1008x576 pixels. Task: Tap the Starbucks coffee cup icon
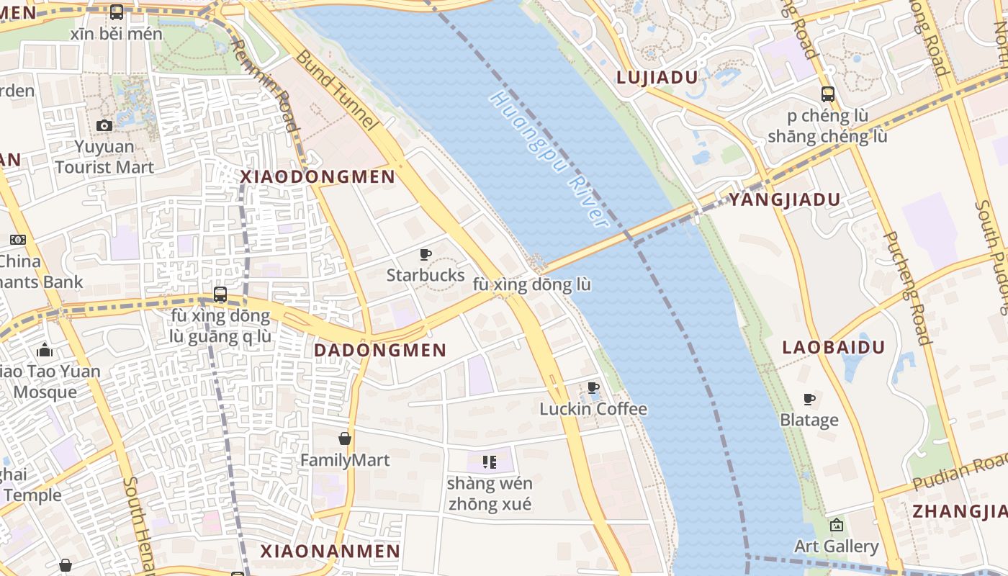(x=426, y=254)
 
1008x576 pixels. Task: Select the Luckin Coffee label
(x=593, y=409)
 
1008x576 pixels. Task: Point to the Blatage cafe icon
(x=809, y=399)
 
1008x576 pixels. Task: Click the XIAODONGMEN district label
(x=318, y=177)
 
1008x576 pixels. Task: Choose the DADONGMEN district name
(x=381, y=351)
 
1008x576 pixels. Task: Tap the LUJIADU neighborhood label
(x=657, y=78)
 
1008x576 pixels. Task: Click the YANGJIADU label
(x=785, y=200)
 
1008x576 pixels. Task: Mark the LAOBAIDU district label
(x=834, y=348)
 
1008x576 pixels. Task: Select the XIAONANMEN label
(x=330, y=552)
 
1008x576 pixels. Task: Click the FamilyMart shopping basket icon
(x=345, y=438)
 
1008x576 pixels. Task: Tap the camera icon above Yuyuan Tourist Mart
(x=104, y=125)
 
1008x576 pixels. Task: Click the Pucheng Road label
(x=905, y=288)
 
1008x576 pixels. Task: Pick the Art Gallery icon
(x=836, y=525)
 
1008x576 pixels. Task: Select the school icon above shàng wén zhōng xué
(x=490, y=462)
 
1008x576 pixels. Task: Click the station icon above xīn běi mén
(x=117, y=12)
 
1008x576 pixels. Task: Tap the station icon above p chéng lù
(x=827, y=94)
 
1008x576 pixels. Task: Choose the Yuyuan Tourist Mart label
(x=104, y=157)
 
